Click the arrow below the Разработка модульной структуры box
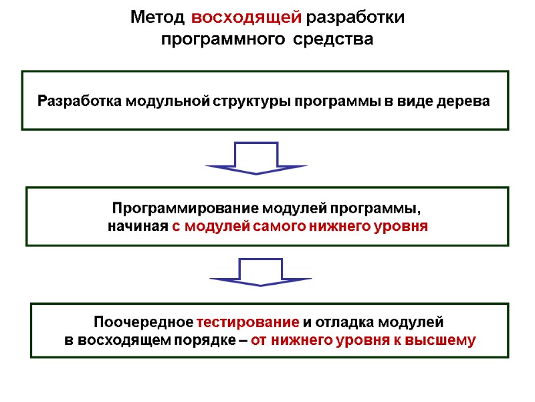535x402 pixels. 257,159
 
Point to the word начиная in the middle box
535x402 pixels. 138,226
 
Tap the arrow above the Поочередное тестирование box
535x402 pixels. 261,271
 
